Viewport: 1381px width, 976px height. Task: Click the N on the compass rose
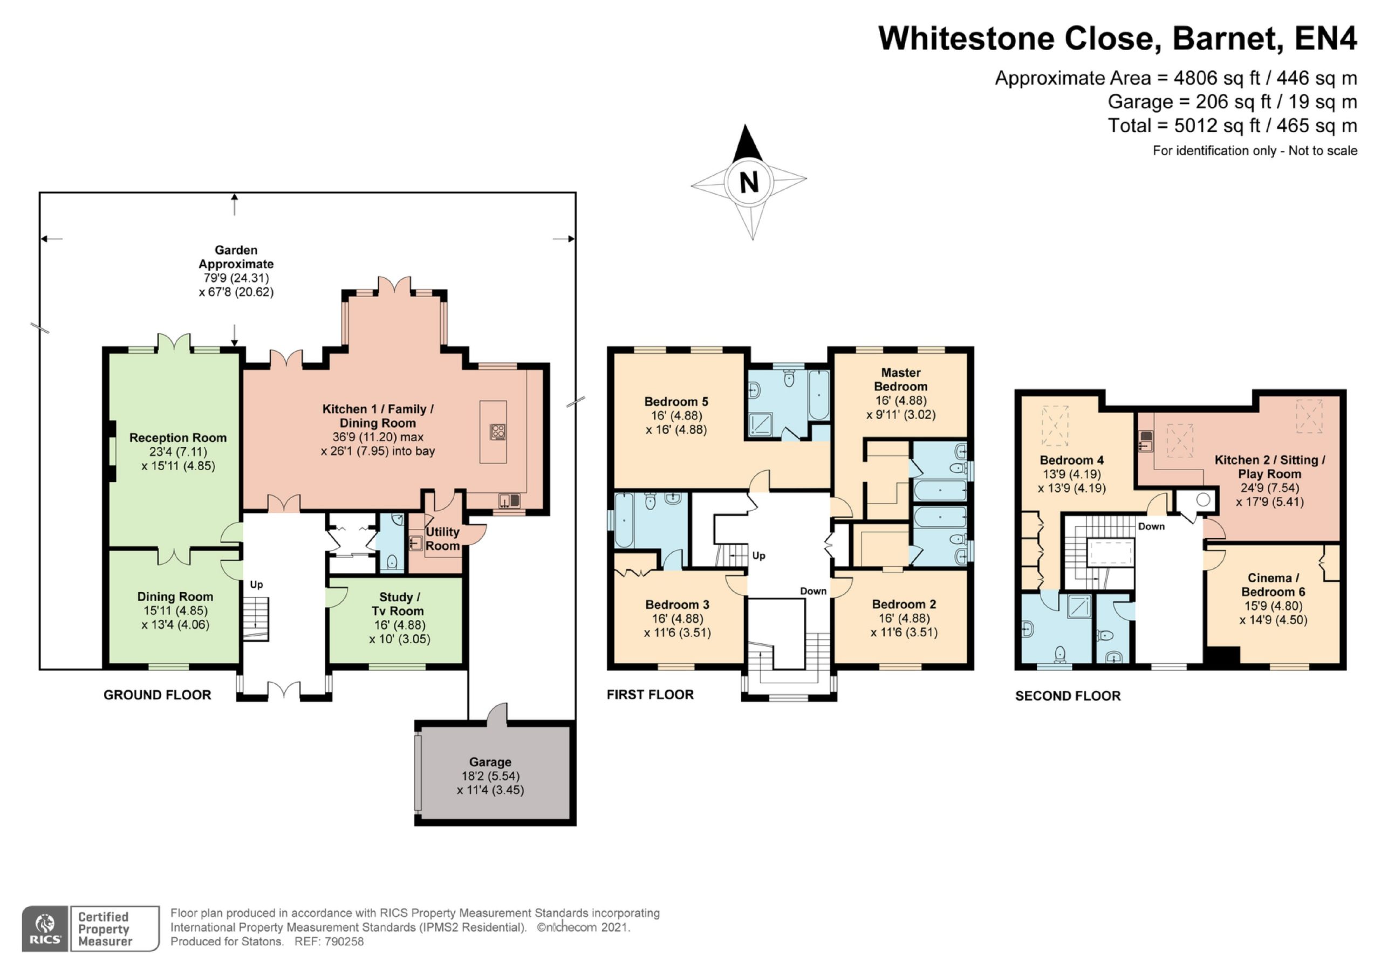[x=749, y=182]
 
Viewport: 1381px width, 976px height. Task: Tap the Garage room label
[x=490, y=762]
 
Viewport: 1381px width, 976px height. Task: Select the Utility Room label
[x=443, y=539]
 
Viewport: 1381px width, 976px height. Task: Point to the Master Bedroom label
[x=900, y=380]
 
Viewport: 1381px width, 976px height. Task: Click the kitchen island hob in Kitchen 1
[x=498, y=432]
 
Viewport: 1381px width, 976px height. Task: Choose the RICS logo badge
[x=45, y=929]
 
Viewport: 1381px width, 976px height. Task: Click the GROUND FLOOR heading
[x=158, y=695]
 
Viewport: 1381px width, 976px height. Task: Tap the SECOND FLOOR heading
[x=1068, y=696]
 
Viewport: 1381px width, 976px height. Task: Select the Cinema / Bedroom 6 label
[x=1273, y=585]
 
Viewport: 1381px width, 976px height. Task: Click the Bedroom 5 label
[x=676, y=402]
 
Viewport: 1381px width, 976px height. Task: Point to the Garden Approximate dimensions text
[x=236, y=285]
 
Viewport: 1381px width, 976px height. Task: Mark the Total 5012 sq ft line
[x=1233, y=126]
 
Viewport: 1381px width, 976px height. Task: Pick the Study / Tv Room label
[x=398, y=604]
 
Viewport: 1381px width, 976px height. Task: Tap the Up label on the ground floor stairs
[x=256, y=585]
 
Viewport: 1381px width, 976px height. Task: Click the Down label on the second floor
[x=1151, y=526]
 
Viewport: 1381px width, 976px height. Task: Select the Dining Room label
[x=175, y=596]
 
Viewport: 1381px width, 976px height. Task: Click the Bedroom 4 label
[x=1072, y=460]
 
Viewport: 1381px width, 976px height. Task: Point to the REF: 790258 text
[x=329, y=941]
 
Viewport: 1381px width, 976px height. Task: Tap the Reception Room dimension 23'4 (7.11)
[x=178, y=452]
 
